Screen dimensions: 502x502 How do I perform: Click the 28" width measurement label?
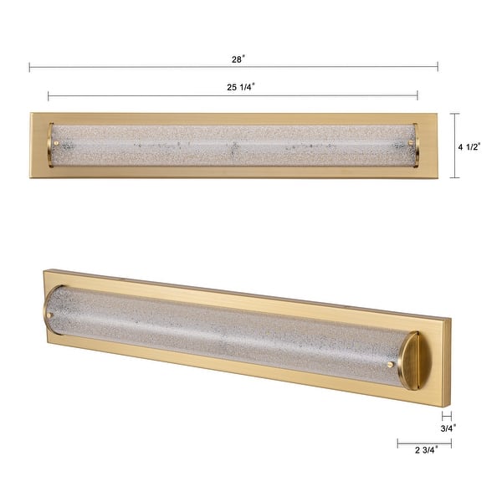pos(238,59)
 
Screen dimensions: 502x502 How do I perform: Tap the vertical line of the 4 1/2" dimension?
pos(454,146)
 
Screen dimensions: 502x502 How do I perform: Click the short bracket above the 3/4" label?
pos(446,414)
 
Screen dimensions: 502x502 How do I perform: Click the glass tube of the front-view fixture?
pos(234,146)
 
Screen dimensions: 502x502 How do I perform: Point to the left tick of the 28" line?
pos(29,67)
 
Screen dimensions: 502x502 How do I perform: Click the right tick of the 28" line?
pos(438,67)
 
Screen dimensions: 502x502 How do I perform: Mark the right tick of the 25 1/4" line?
pos(417,95)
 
